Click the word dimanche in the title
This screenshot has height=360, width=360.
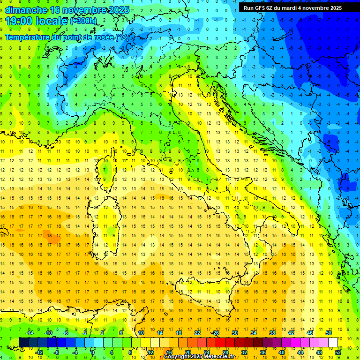coord(26,10)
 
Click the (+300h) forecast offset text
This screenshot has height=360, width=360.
coord(83,22)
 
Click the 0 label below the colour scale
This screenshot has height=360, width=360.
coord(93,352)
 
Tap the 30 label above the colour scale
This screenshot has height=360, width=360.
coord(235,333)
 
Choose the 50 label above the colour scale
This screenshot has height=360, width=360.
coord(329,333)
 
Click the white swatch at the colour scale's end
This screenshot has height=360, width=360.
coord(333,342)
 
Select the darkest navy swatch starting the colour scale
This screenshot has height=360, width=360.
coord(23,342)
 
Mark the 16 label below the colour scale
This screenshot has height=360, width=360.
coord(169,352)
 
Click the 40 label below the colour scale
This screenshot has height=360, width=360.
coord(282,352)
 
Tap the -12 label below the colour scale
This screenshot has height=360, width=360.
coord(39,352)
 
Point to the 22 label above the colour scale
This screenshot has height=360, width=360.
coord(197,333)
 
